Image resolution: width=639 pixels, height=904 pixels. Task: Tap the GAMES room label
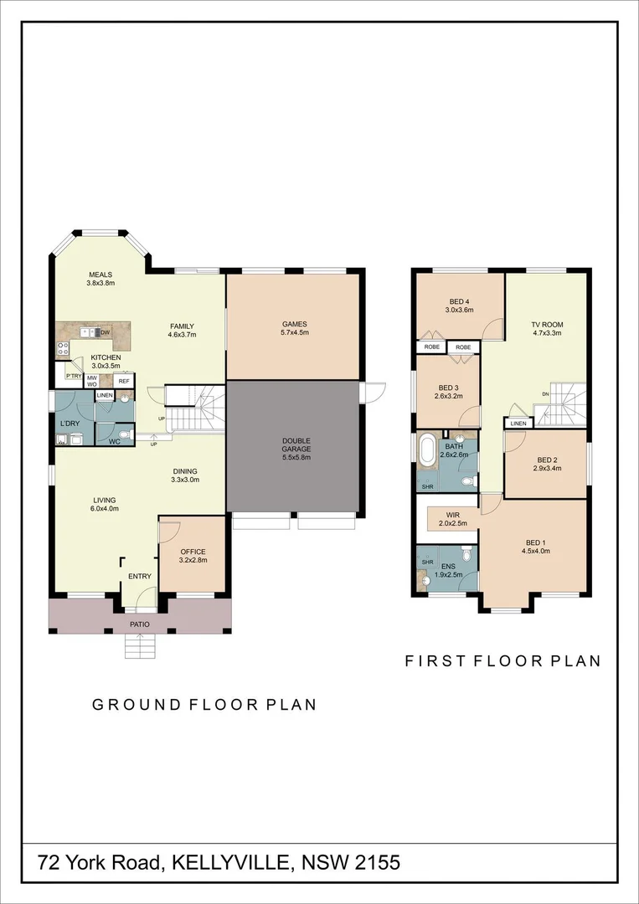[294, 324]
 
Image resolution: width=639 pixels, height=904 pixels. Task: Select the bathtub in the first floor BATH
[427, 451]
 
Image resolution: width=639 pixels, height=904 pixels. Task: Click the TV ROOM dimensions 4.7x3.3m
[546, 332]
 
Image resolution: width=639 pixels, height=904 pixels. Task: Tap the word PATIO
[139, 624]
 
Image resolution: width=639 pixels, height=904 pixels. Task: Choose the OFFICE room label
[193, 552]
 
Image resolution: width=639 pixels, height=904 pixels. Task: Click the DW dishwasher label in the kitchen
[106, 332]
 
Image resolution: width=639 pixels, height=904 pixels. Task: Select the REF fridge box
[123, 381]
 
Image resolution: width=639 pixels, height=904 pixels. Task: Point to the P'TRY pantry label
[74, 377]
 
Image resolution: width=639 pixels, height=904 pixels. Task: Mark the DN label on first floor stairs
[545, 393]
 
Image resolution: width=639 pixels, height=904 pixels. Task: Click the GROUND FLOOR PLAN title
[204, 705]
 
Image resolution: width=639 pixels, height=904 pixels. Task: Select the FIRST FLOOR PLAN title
[502, 660]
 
